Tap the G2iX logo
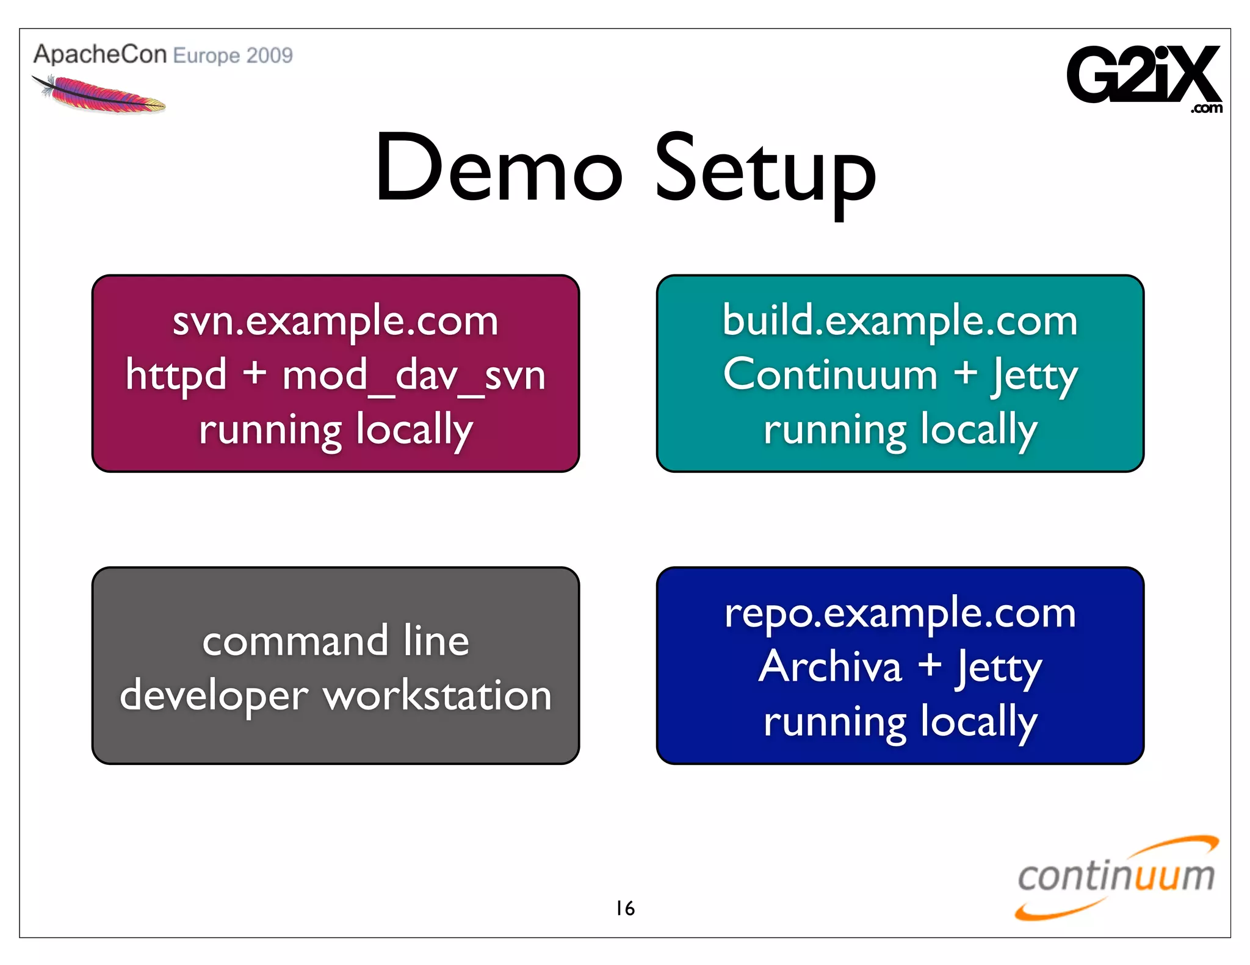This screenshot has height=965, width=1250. [x=1143, y=76]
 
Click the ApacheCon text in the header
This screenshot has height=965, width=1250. [x=99, y=54]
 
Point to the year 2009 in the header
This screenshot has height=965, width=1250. [x=270, y=56]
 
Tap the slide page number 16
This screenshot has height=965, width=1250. [x=625, y=908]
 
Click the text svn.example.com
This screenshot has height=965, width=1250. [x=335, y=321]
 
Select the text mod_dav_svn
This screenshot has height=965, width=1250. [x=413, y=375]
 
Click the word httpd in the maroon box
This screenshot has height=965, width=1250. [x=176, y=375]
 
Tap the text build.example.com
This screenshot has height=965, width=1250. [x=900, y=321]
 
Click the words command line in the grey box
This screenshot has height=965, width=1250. [x=335, y=641]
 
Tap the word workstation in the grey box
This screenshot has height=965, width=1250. [x=438, y=695]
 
